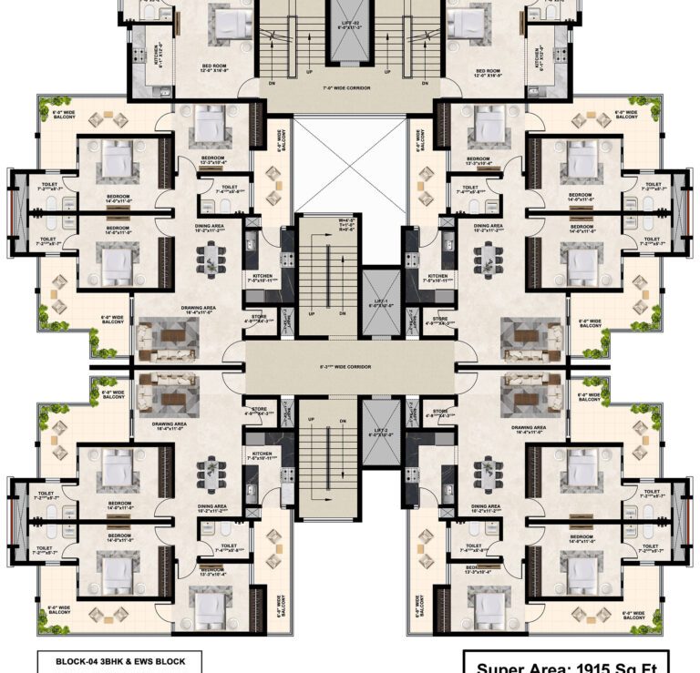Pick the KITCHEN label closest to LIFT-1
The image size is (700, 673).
(x=437, y=276)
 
